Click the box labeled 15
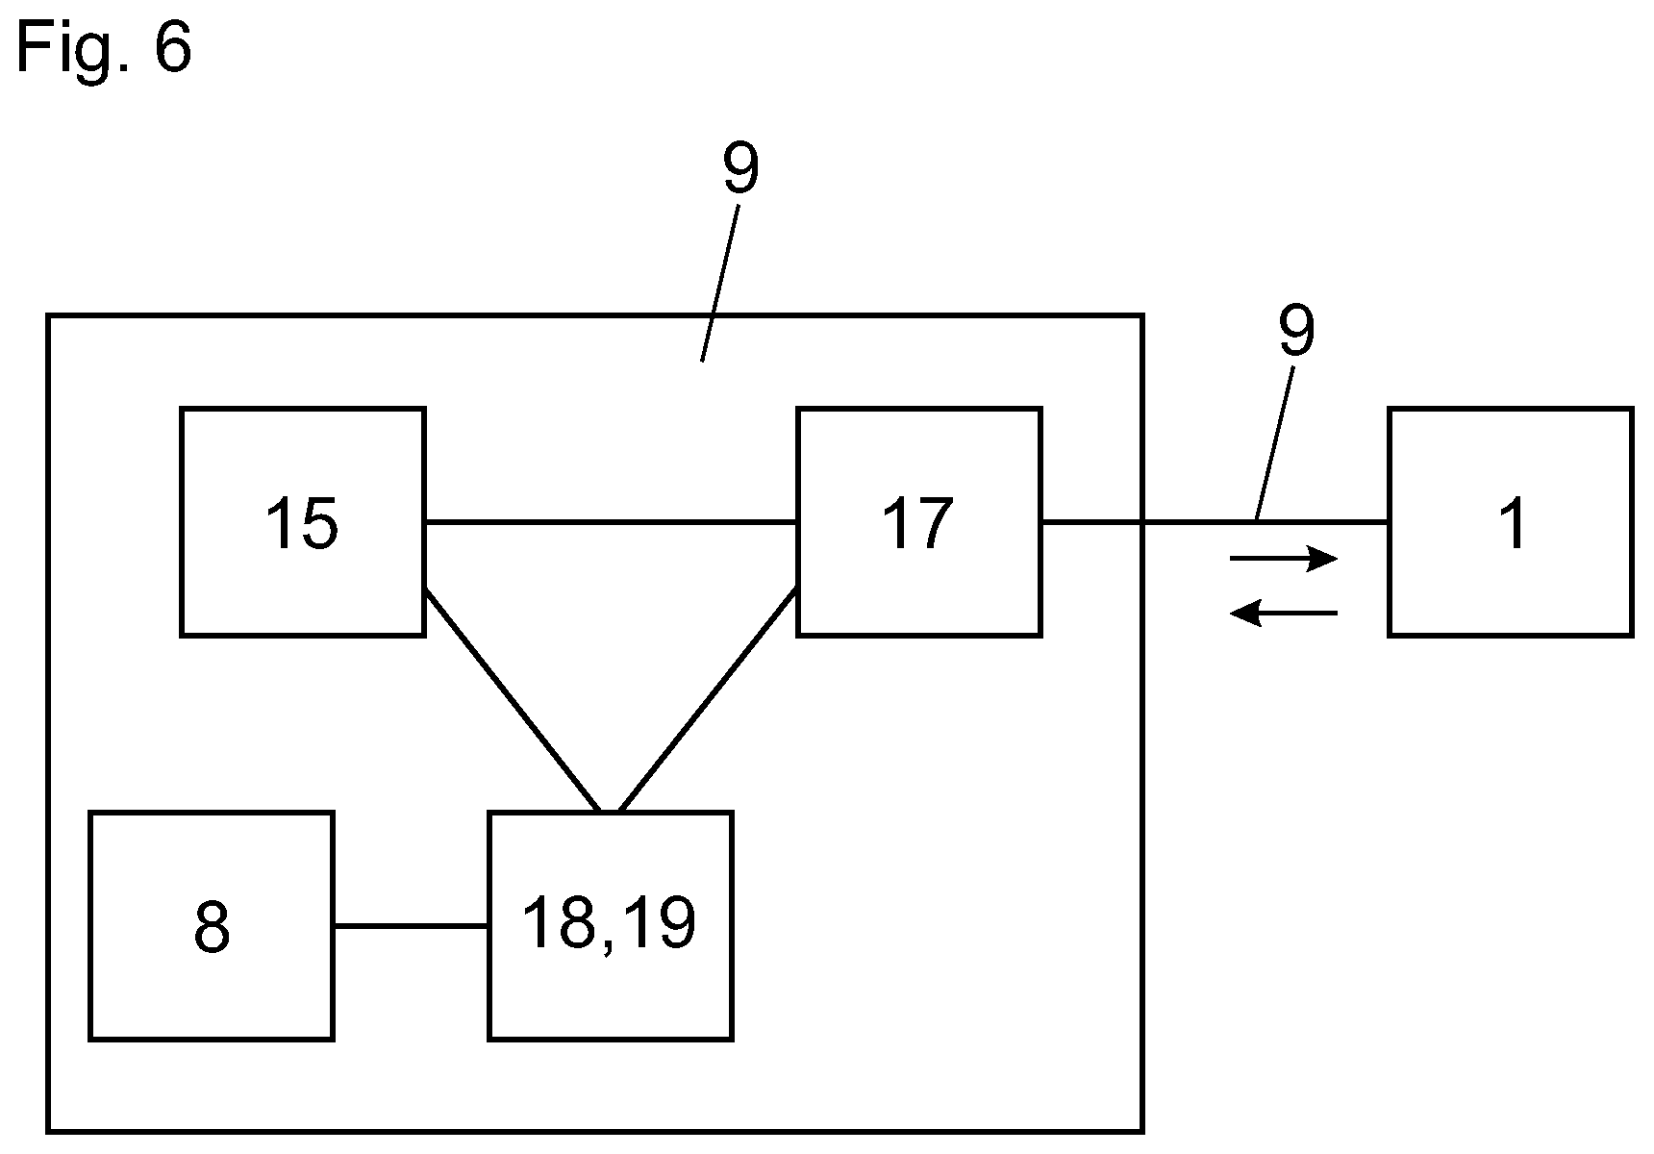point(303,522)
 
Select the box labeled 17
point(918,522)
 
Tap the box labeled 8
point(212,926)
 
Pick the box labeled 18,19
point(611,926)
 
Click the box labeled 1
point(1511,522)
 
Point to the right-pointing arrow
point(1285,558)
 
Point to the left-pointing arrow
point(1285,613)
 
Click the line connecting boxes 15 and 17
point(611,522)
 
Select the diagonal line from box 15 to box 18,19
point(513,701)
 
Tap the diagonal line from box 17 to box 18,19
point(707,701)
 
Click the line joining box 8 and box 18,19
point(411,926)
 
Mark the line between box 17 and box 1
point(1215,522)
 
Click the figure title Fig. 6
point(104,45)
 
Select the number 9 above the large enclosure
point(740,169)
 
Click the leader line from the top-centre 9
point(720,283)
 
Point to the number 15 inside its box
point(302,524)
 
